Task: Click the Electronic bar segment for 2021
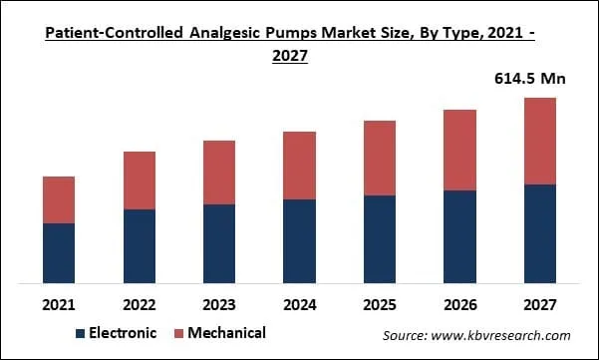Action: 59,252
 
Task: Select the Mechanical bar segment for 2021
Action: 59,199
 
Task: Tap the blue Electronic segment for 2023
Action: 219,243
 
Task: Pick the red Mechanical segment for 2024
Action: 299,166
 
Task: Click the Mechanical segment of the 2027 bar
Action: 539,141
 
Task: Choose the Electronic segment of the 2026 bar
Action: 459,236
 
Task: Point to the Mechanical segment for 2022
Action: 140,180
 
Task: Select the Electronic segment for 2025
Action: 380,238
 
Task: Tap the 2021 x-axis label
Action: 59,302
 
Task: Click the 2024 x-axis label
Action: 299,302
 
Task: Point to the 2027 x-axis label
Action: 539,302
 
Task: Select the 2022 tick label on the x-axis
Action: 140,302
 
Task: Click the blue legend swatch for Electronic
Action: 81,333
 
